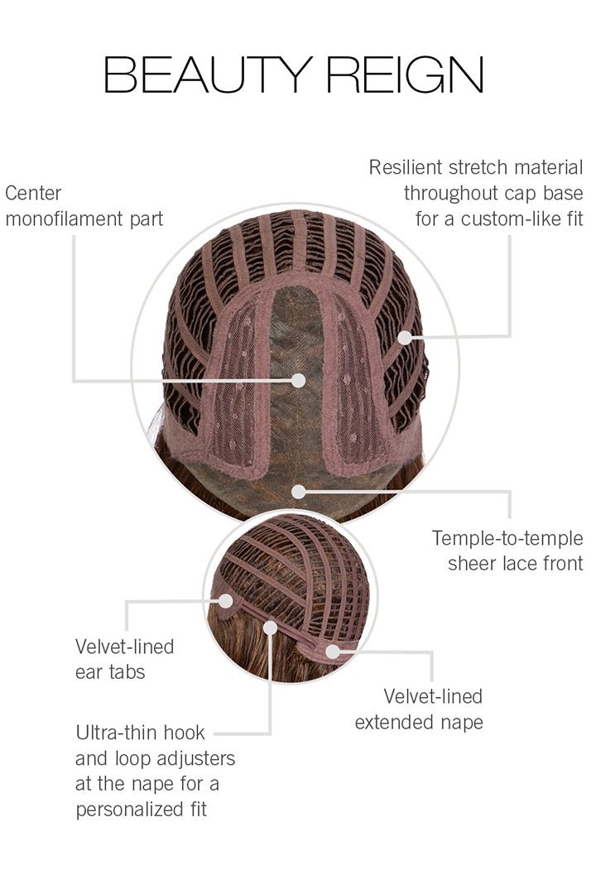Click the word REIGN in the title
405,75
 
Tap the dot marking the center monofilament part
299,380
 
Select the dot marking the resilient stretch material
405,337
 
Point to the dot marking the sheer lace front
299,491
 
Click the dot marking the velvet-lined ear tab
224,601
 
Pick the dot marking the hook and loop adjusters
270,627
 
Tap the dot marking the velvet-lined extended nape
333,651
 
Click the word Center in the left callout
33,194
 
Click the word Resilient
407,168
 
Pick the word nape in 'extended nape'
460,722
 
